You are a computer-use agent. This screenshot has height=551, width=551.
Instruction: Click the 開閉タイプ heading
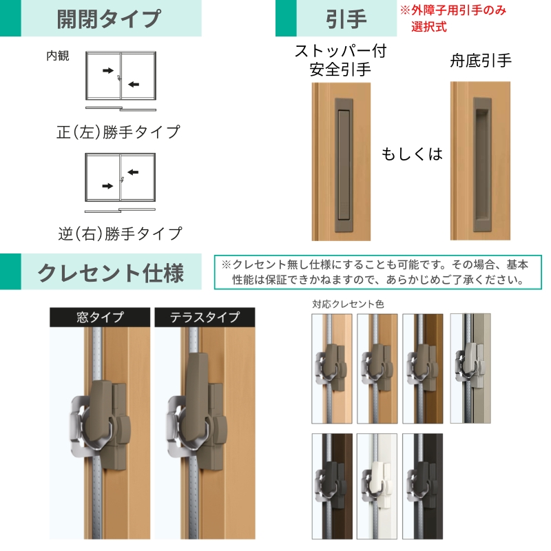point(109,19)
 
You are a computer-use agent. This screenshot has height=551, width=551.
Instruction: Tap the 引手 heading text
point(346,19)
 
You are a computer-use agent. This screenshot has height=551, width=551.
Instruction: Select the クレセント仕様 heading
point(111,273)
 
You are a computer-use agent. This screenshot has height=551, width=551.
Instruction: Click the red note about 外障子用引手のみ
point(453,19)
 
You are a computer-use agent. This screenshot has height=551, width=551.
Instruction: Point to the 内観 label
point(58,56)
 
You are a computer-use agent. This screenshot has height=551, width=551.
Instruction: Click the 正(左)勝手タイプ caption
point(118,132)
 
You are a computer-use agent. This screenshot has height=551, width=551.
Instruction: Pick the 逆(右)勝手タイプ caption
point(120,233)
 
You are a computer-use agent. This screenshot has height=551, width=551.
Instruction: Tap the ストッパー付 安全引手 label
point(340,60)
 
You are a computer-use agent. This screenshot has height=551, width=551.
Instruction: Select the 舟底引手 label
point(480,61)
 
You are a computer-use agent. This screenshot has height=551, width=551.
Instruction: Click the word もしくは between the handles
point(412,154)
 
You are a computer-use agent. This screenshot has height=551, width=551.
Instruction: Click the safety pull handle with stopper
point(344,165)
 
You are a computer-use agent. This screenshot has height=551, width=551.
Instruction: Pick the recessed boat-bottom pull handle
point(482,165)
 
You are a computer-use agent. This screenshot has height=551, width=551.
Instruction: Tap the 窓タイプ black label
point(100,317)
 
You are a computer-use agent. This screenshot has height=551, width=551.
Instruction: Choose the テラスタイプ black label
point(205,317)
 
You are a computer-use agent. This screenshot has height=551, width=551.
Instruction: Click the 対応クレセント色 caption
point(348,304)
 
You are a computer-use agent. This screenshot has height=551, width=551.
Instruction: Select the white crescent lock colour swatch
point(377,486)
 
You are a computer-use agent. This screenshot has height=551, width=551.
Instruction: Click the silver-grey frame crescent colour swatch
point(470,368)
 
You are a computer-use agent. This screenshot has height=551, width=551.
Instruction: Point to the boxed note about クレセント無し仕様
point(378,272)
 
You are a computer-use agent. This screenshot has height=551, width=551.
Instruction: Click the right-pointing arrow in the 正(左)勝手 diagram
point(108,71)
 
